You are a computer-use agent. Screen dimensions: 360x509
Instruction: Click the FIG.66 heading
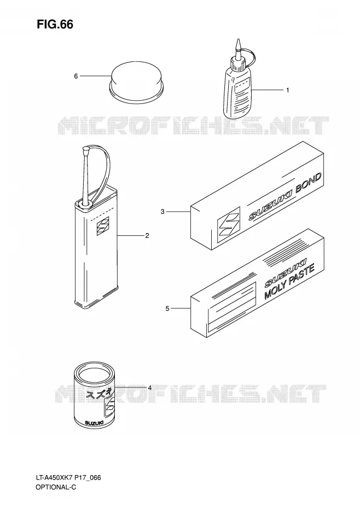pos(55,25)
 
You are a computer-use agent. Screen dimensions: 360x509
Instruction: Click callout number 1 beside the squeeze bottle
pos(287,90)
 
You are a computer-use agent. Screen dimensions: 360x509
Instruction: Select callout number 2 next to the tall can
pos(147,236)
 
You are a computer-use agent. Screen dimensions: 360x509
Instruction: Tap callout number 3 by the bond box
pos(162,212)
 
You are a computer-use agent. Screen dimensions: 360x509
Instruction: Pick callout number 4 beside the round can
pos(150,387)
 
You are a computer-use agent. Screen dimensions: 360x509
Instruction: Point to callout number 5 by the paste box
pos(167,308)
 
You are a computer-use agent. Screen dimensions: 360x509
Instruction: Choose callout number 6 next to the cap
pos(76,76)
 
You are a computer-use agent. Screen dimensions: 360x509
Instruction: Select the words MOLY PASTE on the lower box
pos(289,281)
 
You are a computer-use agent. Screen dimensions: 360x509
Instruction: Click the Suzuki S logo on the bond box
pos(229,224)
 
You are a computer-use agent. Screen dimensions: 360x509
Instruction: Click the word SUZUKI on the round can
pos(94,423)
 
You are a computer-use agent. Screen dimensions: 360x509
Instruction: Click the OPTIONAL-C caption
pos(56,487)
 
